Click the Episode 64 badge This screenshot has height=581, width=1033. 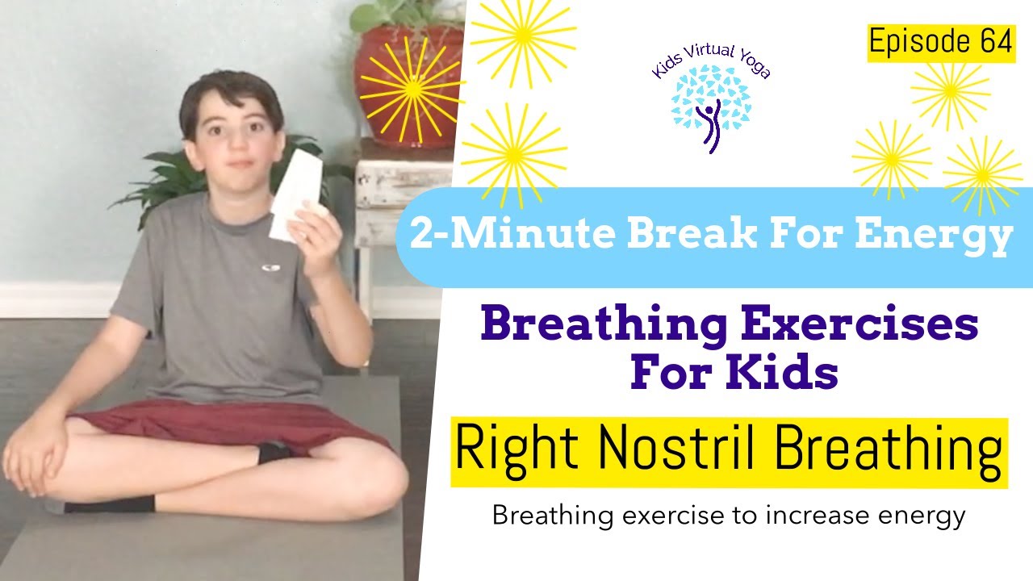(x=940, y=44)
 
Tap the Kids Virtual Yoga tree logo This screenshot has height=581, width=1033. (x=710, y=105)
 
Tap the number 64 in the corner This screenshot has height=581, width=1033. (x=996, y=44)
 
